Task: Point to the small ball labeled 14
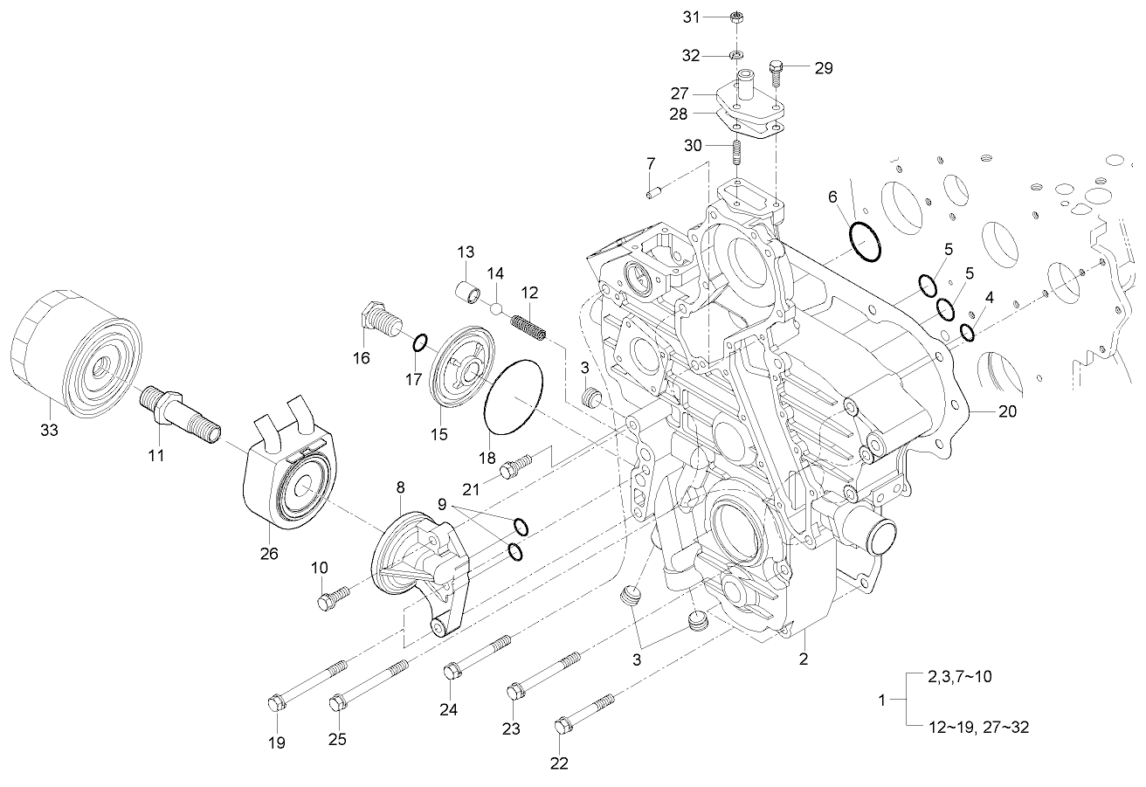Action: coord(495,307)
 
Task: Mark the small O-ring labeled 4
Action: coord(967,333)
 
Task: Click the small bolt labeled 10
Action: coord(333,598)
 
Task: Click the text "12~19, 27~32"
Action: coord(968,727)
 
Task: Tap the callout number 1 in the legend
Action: coord(881,701)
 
